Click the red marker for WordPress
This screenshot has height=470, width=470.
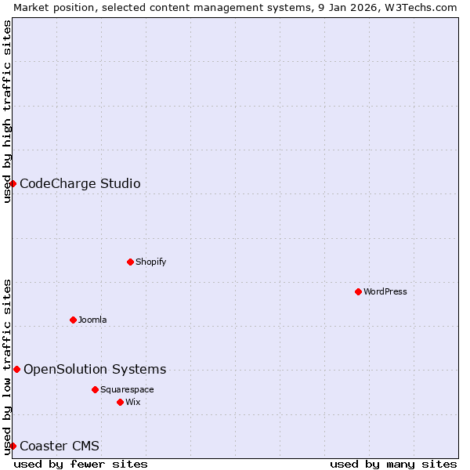pos(358,291)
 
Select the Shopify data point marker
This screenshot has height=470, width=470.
pos(130,262)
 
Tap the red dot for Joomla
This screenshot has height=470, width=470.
pos(73,320)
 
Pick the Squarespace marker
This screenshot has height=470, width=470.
pos(95,389)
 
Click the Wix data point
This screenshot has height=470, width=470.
pos(120,402)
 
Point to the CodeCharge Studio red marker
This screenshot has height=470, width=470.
pos(13,183)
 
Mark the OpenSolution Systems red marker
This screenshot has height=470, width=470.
pos(16,369)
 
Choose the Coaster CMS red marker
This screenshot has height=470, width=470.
pos(13,446)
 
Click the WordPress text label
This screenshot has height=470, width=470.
pos(385,291)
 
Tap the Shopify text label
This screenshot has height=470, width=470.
pos(150,262)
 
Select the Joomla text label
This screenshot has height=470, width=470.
pos(92,320)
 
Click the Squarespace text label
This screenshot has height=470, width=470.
pos(127,389)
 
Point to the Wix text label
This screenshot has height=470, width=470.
pos(132,402)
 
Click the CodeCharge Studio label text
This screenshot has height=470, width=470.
pos(80,184)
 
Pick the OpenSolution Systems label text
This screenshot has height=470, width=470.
pos(95,370)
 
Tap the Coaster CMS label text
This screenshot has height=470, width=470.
pos(60,446)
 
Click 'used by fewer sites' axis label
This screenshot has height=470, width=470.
pos(81,464)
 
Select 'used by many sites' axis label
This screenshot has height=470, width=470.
pos(393,464)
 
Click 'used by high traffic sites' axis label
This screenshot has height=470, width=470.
pos(7,111)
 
